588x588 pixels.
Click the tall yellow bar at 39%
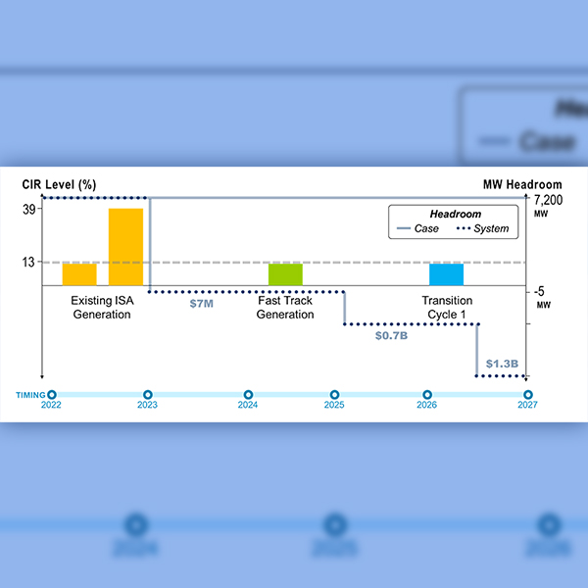[125, 246]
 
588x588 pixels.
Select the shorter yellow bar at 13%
[79, 273]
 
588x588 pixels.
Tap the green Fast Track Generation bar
[285, 273]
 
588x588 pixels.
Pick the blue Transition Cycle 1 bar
[446, 273]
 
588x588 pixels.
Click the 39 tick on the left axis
[28, 209]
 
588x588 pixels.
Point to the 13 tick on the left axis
[28, 262]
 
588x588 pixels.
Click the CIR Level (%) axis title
[59, 184]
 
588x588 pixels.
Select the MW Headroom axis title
[522, 184]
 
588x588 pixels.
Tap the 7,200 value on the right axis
[549, 200]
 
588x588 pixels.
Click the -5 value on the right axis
[541, 291]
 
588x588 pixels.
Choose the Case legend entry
[416, 228]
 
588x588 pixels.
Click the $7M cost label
[201, 303]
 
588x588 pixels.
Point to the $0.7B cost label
[392, 335]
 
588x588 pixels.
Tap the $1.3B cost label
[502, 363]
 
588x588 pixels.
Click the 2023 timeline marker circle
[148, 394]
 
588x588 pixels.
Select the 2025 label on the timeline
[334, 405]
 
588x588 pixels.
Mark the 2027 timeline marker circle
[528, 394]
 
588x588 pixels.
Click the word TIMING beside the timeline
[29, 394]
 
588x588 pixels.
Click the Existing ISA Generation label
[101, 308]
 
